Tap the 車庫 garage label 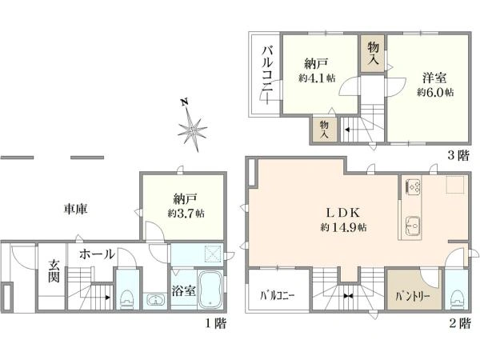coord(76,210)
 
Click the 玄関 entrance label coord(53,271)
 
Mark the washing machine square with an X coord(214,254)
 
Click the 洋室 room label coord(435,78)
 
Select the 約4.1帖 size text coord(317,78)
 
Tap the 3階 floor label coord(457,156)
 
